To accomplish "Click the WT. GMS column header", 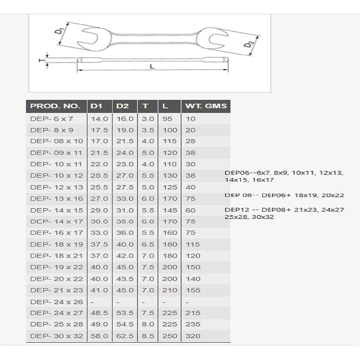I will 206,106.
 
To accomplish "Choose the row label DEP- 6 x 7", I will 52,118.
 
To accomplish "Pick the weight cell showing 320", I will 193,336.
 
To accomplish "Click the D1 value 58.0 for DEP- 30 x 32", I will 99,336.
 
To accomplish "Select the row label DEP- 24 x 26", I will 57,302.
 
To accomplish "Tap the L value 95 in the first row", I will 167,118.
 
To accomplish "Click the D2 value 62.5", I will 125,336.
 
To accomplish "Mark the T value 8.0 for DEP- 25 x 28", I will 148,324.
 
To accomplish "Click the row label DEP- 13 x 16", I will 57,198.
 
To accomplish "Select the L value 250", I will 170,336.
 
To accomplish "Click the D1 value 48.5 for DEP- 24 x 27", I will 99,313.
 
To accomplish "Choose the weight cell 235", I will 193,324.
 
